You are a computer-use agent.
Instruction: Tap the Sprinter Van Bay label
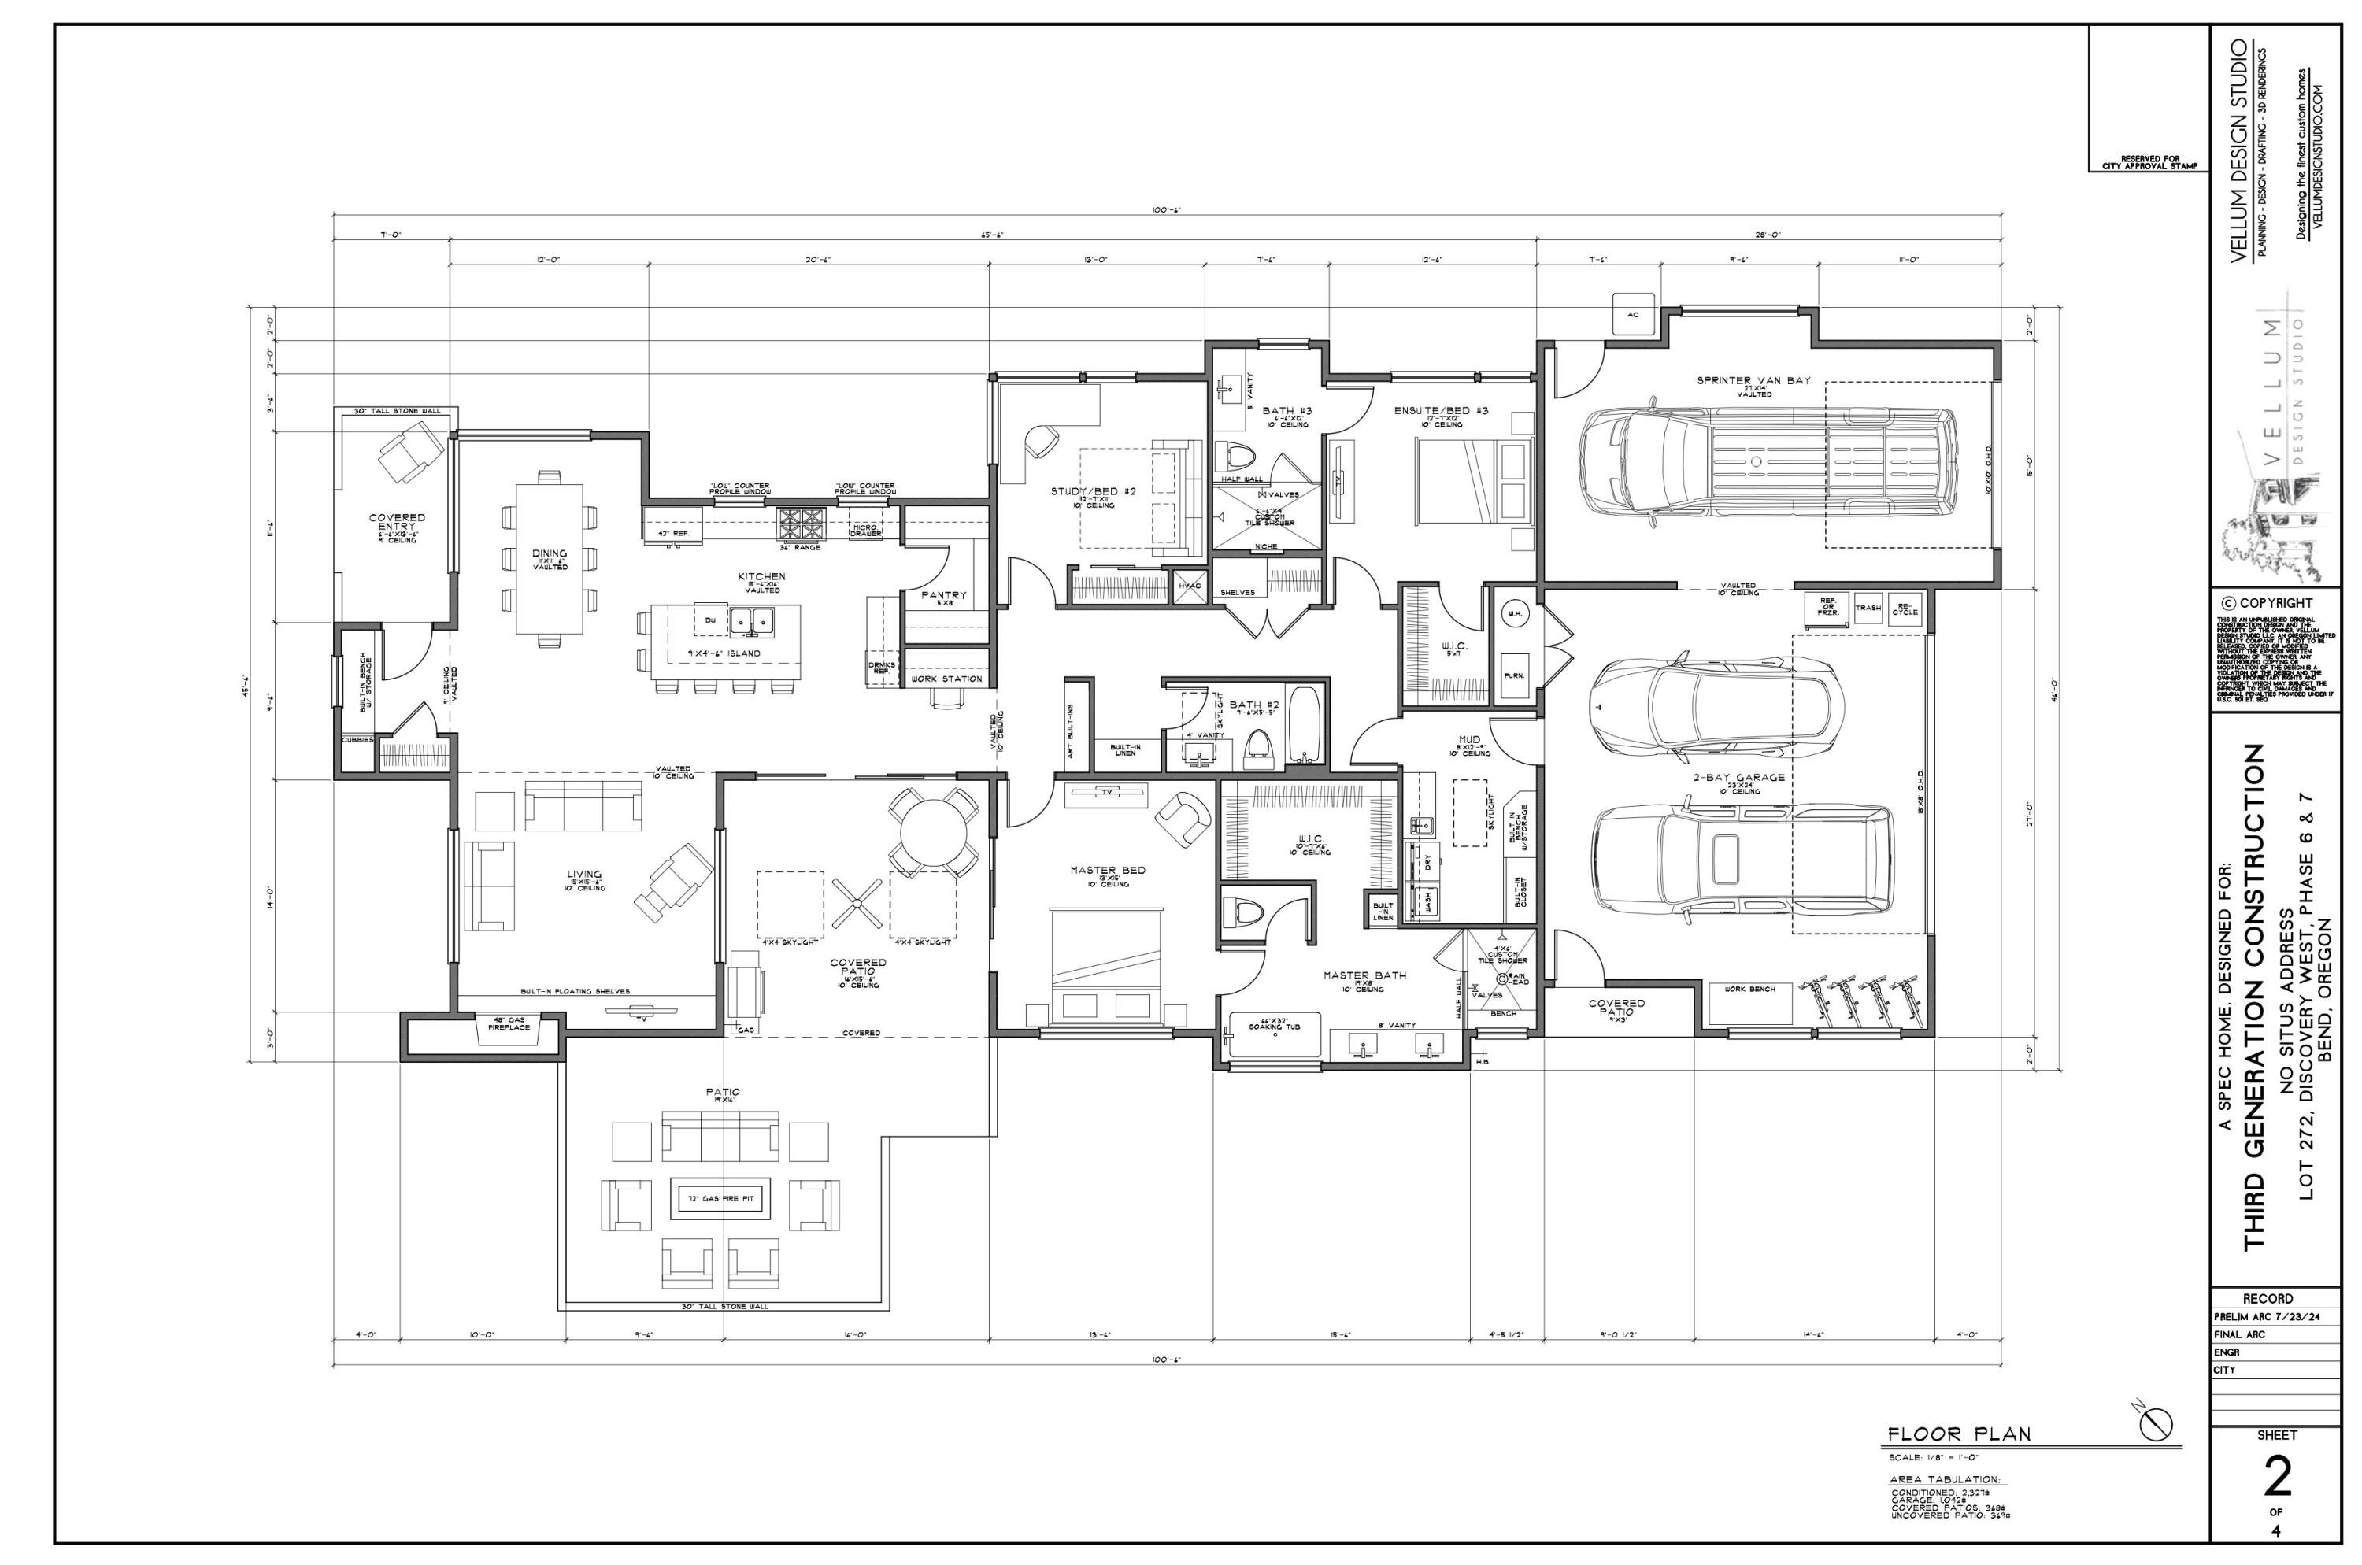pyautogui.click(x=1753, y=380)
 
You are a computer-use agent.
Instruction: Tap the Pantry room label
pyautogui.click(x=944, y=596)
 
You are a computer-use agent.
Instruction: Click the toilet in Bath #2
pyautogui.click(x=1260, y=749)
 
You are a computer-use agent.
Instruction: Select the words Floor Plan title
pyautogui.click(x=1952, y=1463)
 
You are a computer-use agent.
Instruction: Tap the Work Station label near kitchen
pyautogui.click(x=947, y=679)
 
